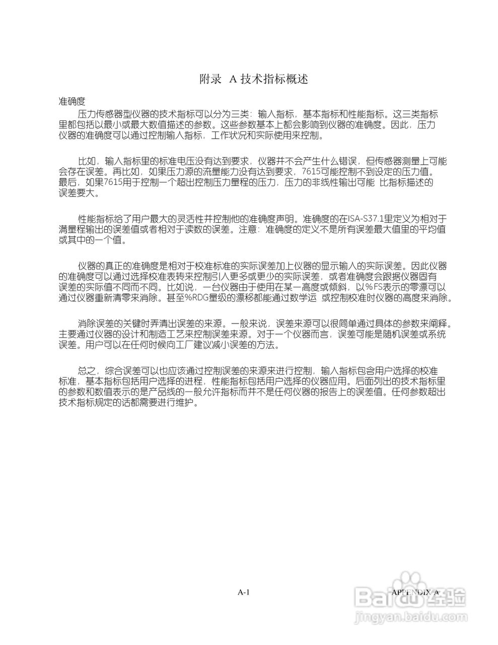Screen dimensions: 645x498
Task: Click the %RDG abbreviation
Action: pyautogui.click(x=198, y=298)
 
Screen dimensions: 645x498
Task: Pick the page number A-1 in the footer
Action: pyautogui.click(x=244, y=592)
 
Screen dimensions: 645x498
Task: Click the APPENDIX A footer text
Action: pyautogui.click(x=414, y=592)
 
